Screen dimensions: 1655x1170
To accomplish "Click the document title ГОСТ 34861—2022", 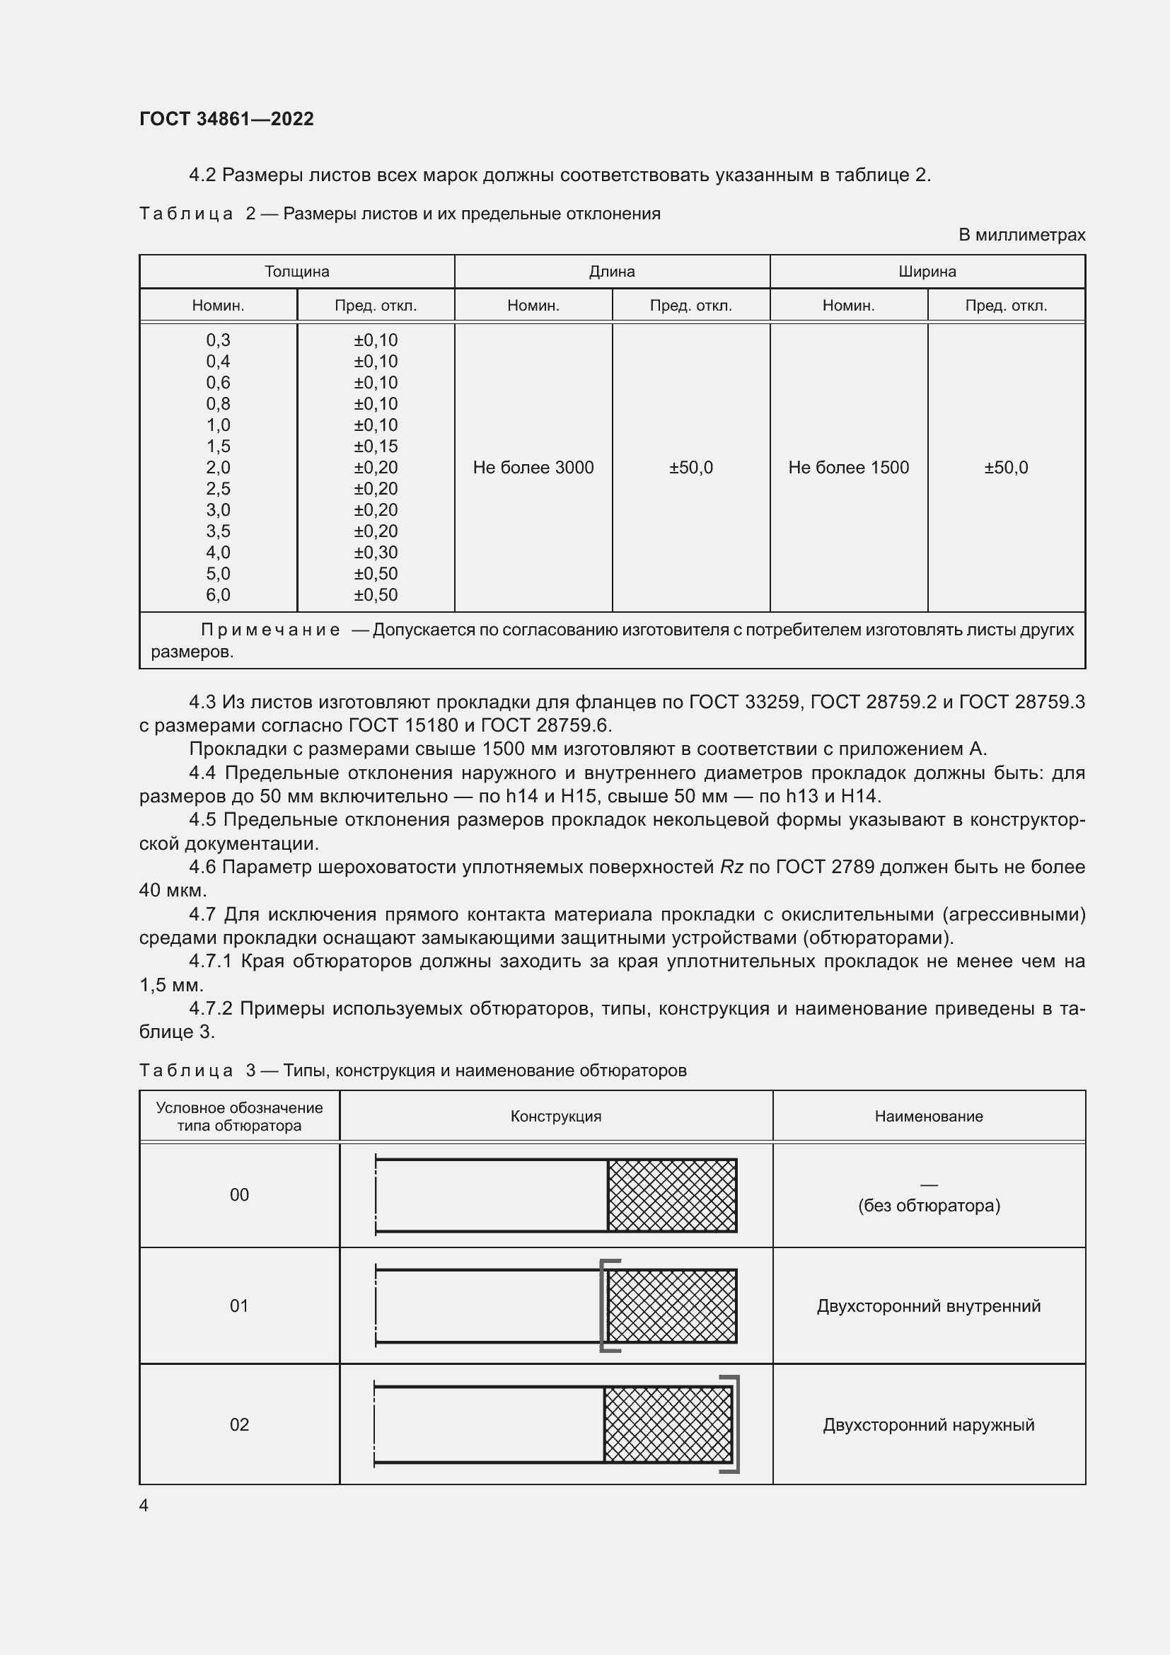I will coord(226,119).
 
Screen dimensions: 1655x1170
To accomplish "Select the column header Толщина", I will coord(296,272).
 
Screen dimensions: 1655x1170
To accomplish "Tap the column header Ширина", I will coord(927,272).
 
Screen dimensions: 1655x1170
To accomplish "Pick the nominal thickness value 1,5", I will coord(218,446).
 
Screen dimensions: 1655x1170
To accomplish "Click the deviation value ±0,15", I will coord(376,446).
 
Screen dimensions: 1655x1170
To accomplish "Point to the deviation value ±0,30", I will coord(376,552).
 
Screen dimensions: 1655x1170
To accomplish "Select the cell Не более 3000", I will coord(533,468).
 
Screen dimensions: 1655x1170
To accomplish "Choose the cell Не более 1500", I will coord(848,468).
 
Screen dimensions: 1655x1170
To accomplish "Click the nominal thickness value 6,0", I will coord(218,594).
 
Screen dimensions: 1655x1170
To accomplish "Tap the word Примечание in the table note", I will coord(270,630).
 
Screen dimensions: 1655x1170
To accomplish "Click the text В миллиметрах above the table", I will coord(1021,235).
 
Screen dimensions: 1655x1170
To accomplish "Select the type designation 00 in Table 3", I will coord(239,1195).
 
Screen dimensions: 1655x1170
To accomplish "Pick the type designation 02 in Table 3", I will coord(239,1425).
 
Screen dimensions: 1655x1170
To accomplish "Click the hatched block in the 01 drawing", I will coord(671,1306).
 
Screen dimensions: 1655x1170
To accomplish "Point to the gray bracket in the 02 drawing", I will coord(736,1424).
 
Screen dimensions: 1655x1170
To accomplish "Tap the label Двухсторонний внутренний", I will coord(928,1306).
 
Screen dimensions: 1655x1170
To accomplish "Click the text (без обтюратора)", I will coord(928,1206).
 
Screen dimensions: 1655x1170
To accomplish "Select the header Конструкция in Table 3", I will coord(555,1117).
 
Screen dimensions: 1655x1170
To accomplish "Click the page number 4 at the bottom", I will coord(144,1506).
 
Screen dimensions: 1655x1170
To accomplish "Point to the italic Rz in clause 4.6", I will coord(731,867).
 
